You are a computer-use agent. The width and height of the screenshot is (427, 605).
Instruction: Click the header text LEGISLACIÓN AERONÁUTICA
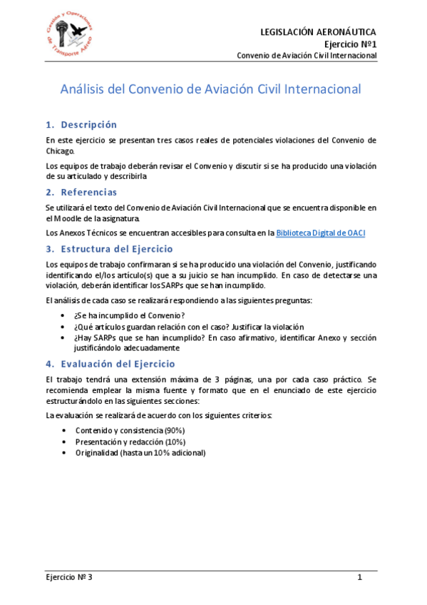[x=318, y=32]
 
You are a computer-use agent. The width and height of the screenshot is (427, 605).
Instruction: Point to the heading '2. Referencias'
[x=81, y=192]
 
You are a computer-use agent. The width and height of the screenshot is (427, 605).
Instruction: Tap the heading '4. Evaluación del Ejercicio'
[x=110, y=363]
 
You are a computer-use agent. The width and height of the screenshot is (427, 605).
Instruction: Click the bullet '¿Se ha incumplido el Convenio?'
[x=129, y=315]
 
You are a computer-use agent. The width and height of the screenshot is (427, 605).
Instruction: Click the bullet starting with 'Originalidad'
[x=140, y=453]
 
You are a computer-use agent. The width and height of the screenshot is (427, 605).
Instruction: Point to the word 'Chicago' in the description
[x=59, y=151]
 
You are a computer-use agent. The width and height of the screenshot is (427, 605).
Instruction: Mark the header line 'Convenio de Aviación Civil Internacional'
[x=307, y=56]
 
